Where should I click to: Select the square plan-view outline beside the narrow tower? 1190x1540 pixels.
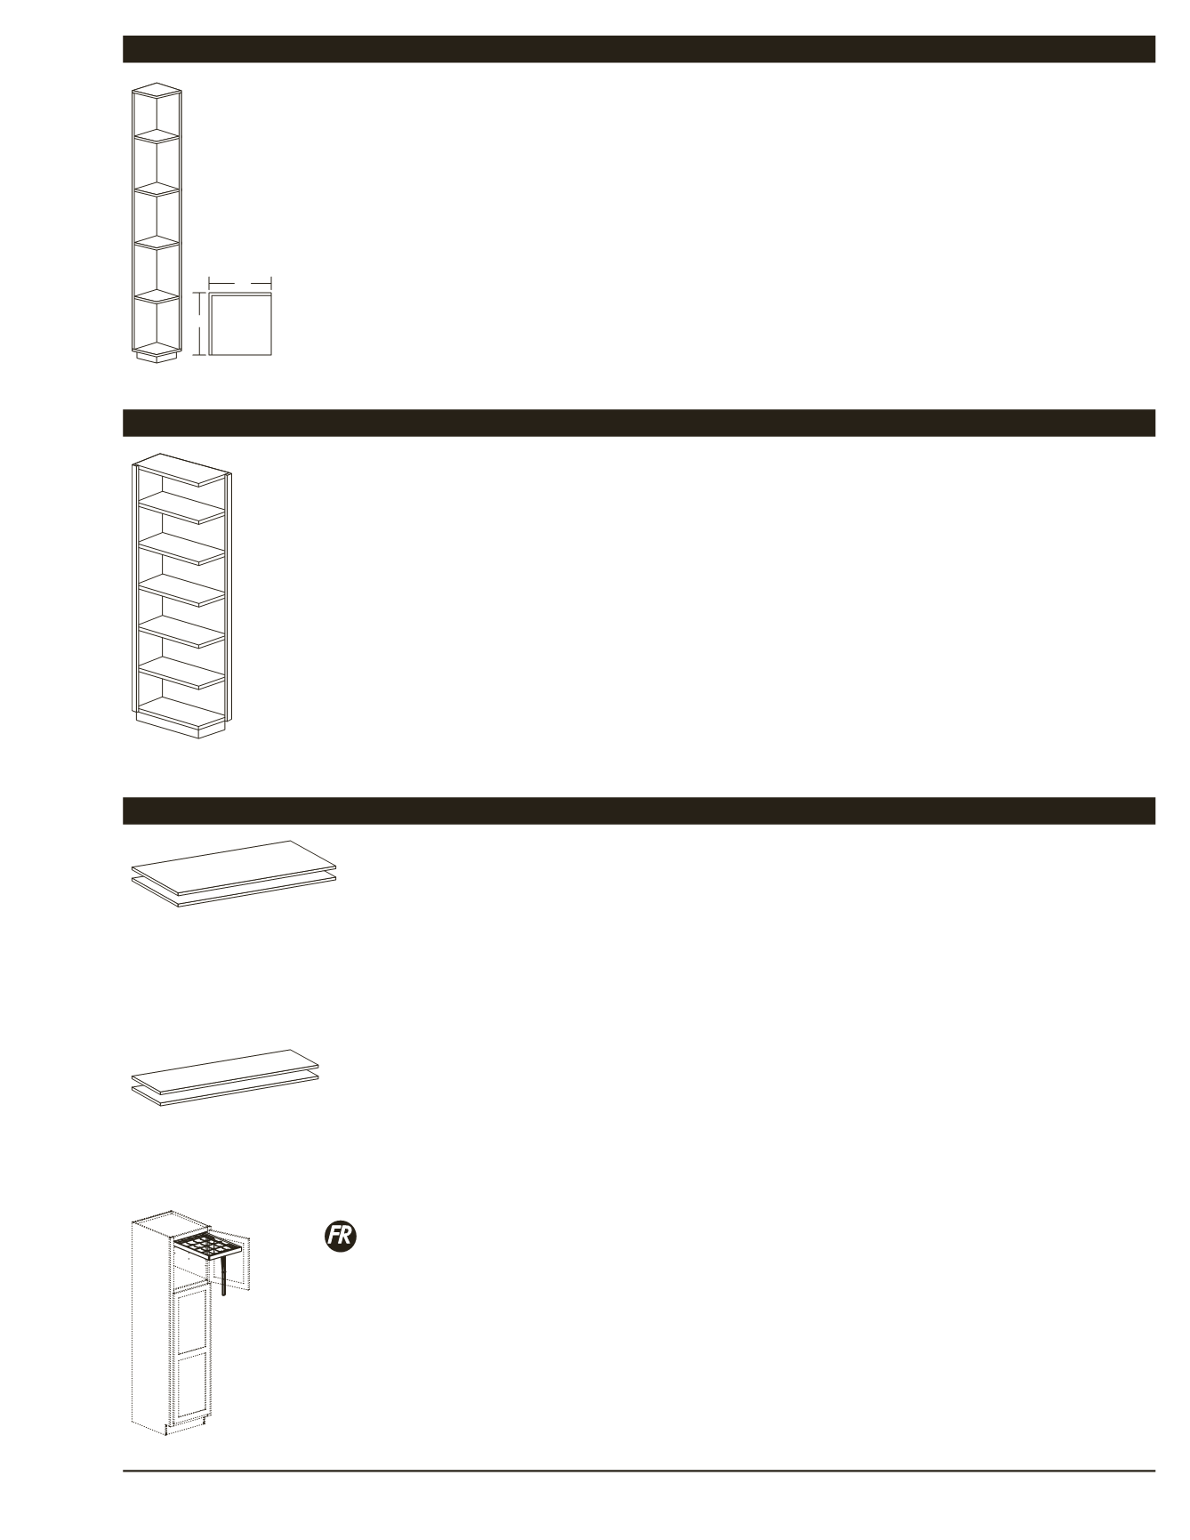(x=240, y=325)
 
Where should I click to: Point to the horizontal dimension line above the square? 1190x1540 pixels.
(x=239, y=282)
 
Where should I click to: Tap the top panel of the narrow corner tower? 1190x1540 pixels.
(x=157, y=90)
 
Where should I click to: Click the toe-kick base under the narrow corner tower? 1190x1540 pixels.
(x=157, y=356)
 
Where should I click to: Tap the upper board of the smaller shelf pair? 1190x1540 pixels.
(x=225, y=1063)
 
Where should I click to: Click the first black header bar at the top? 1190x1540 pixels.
(x=639, y=49)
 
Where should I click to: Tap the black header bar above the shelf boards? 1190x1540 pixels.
(x=639, y=810)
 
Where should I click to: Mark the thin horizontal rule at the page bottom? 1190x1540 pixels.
(x=639, y=1471)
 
